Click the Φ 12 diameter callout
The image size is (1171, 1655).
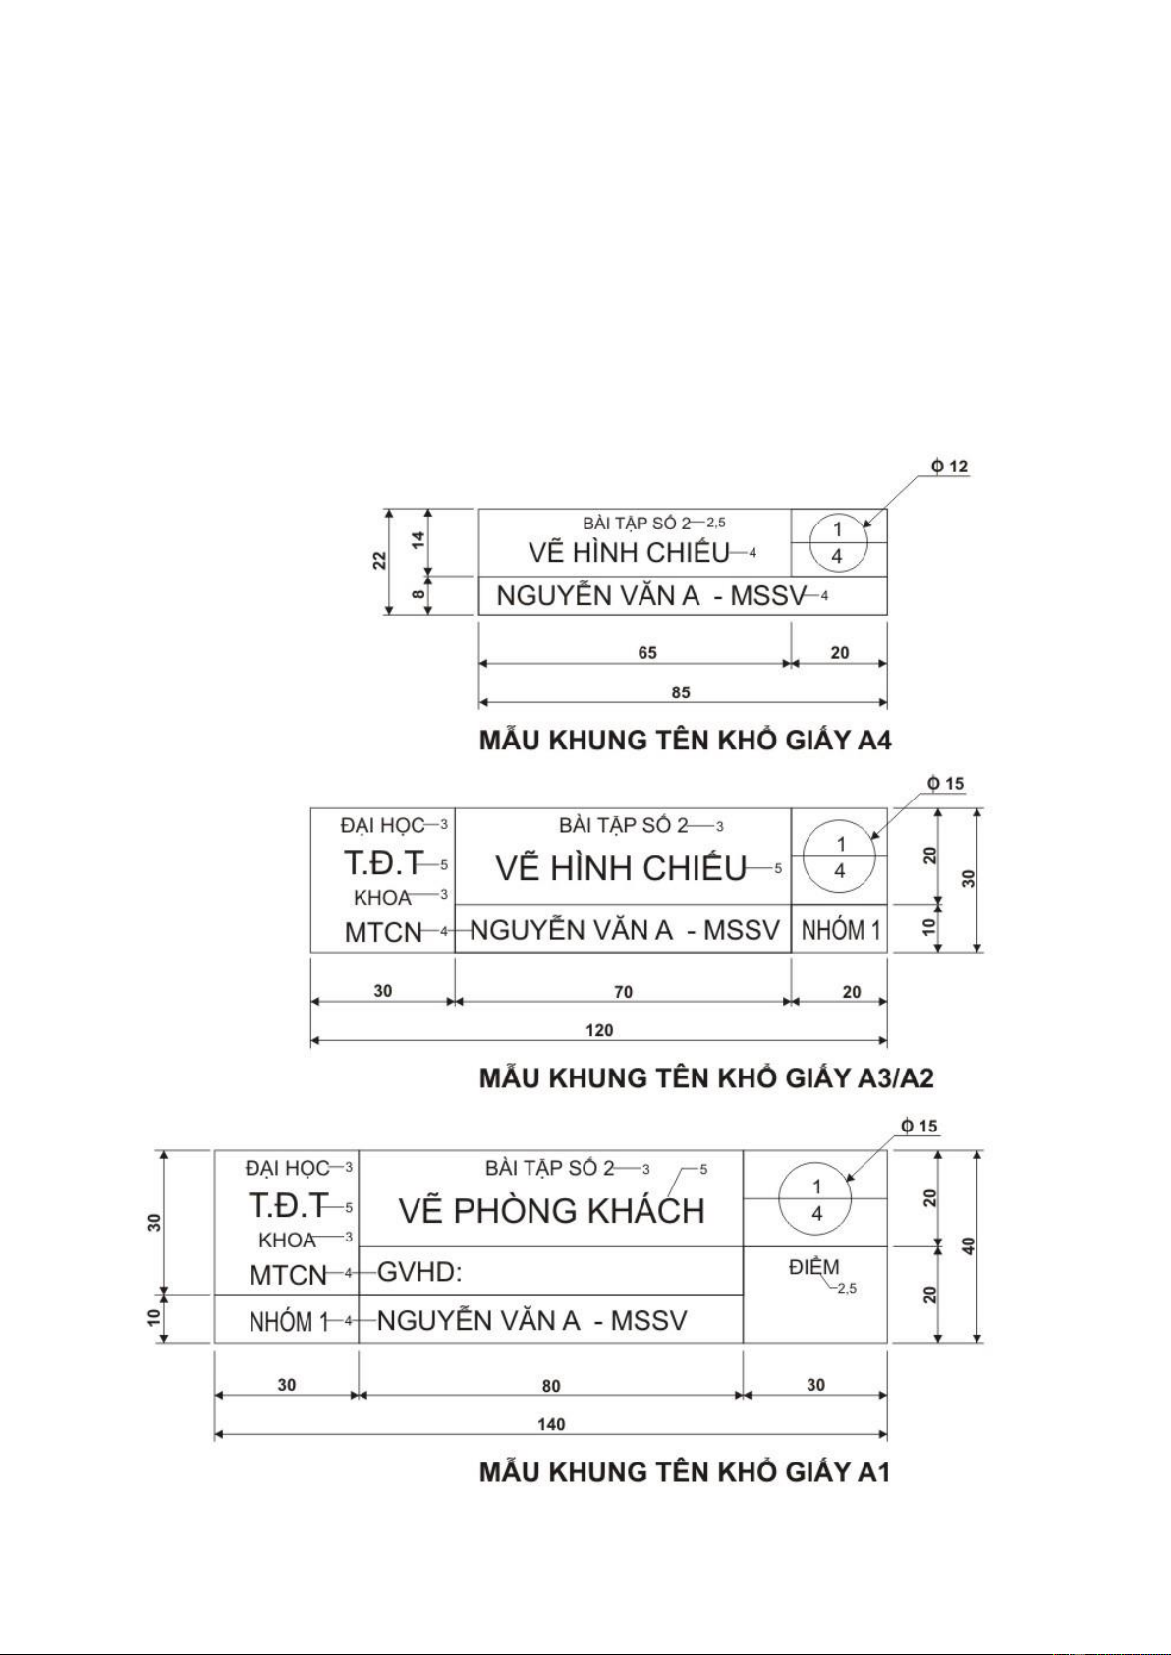(950, 467)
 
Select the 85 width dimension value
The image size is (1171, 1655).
(681, 692)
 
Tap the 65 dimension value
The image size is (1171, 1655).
(647, 653)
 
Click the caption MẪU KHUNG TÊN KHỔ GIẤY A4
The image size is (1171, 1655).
(685, 740)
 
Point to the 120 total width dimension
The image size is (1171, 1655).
(599, 1030)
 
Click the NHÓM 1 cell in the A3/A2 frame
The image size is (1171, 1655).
(840, 930)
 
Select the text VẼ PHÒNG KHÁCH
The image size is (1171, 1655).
(551, 1211)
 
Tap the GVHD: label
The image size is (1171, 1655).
(419, 1273)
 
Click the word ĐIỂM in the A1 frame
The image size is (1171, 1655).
(813, 1267)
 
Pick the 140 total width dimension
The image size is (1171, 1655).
(551, 1424)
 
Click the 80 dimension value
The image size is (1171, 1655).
(551, 1386)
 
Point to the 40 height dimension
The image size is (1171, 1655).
(969, 1245)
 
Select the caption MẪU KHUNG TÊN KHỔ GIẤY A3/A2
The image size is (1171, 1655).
(706, 1078)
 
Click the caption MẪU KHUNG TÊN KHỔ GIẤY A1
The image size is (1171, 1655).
(684, 1471)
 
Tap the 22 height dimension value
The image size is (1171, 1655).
(379, 561)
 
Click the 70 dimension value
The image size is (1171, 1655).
(623, 992)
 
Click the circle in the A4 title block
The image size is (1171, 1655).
(838, 542)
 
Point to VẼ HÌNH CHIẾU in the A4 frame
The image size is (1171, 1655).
(629, 553)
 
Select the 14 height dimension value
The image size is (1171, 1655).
(418, 539)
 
